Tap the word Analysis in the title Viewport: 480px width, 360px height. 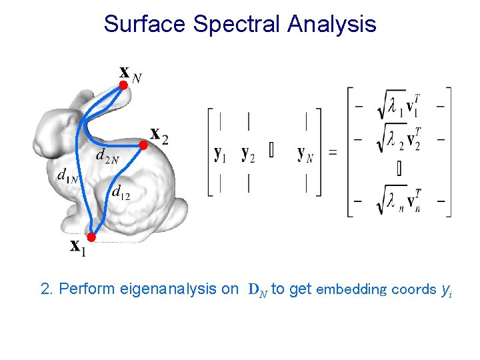(x=331, y=24)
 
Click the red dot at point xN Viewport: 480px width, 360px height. (x=123, y=85)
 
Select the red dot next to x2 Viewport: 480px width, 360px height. (x=143, y=144)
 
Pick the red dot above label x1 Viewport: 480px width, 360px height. (x=92, y=237)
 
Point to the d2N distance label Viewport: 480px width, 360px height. (x=107, y=157)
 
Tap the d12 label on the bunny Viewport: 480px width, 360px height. (x=121, y=193)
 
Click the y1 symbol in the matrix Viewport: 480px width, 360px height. (x=220, y=154)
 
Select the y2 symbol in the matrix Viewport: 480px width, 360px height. (x=248, y=154)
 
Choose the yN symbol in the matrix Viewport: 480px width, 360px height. (x=305, y=154)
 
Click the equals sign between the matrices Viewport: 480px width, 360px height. (x=332, y=153)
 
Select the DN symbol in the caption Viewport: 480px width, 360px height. (x=257, y=290)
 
